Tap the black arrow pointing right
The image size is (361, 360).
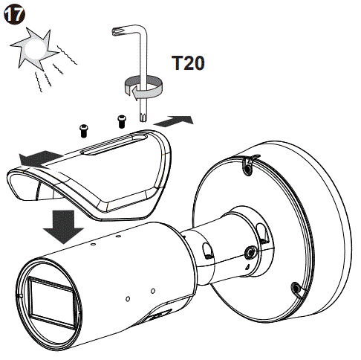tap(178, 119)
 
